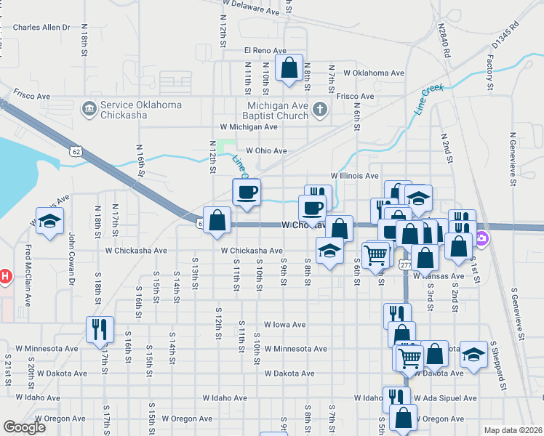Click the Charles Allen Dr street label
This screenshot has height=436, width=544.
click(x=41, y=27)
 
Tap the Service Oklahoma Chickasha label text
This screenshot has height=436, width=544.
click(x=141, y=110)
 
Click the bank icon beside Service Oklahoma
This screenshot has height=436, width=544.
click(x=90, y=109)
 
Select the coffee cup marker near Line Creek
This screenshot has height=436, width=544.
click(x=246, y=193)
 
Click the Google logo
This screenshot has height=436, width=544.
click(x=24, y=427)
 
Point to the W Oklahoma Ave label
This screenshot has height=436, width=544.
click(x=374, y=73)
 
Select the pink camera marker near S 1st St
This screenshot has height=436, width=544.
click(x=481, y=238)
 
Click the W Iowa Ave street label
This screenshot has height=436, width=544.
click(x=284, y=325)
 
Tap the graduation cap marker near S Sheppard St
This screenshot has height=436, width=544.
click(x=473, y=355)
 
